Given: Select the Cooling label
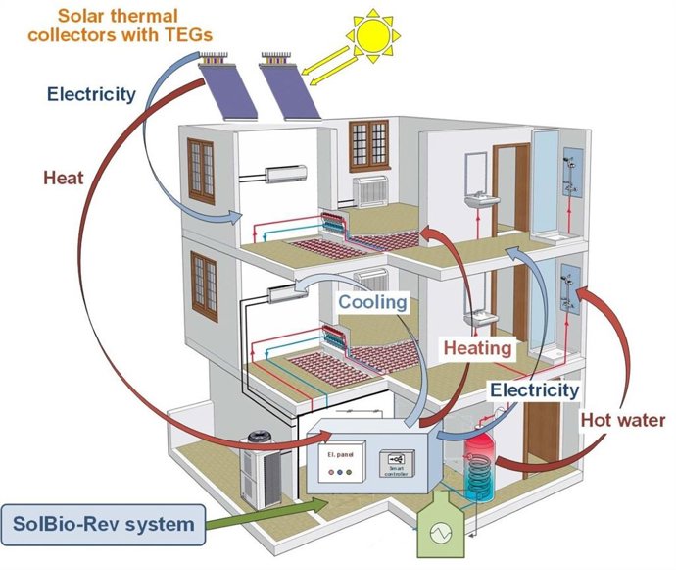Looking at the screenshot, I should (x=372, y=302).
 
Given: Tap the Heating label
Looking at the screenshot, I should (x=477, y=348).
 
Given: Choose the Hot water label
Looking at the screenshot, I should (x=623, y=420).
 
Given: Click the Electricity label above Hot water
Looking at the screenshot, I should (x=535, y=390).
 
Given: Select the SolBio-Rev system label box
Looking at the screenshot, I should (x=104, y=523).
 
